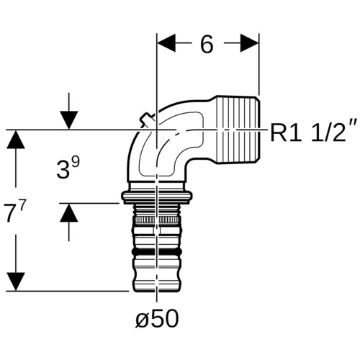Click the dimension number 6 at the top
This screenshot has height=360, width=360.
tap(207, 45)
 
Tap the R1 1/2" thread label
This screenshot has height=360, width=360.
tap(310, 132)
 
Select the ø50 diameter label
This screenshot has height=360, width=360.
tap(157, 319)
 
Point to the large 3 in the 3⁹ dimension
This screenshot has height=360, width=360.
tap(63, 169)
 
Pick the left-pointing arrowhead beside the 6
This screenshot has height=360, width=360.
tap(166, 43)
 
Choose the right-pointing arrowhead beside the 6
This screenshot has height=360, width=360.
tap(250, 43)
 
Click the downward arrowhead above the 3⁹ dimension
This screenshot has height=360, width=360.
tap(69, 120)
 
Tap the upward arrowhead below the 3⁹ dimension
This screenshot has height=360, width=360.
tap(69, 212)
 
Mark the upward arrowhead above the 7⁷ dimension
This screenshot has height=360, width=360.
tap(16, 139)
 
